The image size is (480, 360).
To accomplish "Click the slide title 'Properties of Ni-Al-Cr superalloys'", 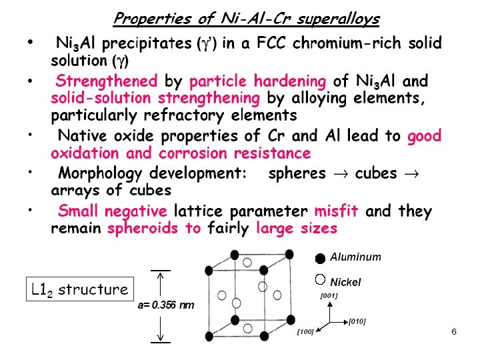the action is pos(246,19).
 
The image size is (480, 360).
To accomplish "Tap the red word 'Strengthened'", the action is pos(107,82).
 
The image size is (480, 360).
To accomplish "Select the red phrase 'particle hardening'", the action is pos(257,82).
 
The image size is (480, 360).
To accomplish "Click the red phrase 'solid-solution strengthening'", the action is pos(155,99).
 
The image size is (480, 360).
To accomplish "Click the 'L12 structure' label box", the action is pos(80,289).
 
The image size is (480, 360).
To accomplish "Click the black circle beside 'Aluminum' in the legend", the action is pos(320,258).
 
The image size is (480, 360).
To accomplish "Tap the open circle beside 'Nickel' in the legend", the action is pos(320,280).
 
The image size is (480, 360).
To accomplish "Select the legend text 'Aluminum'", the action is pos(356,257).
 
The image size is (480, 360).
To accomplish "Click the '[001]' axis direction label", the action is pos(329,295).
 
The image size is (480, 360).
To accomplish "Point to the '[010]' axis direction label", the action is pos(357,322).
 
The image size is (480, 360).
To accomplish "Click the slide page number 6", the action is pos(453,331).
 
